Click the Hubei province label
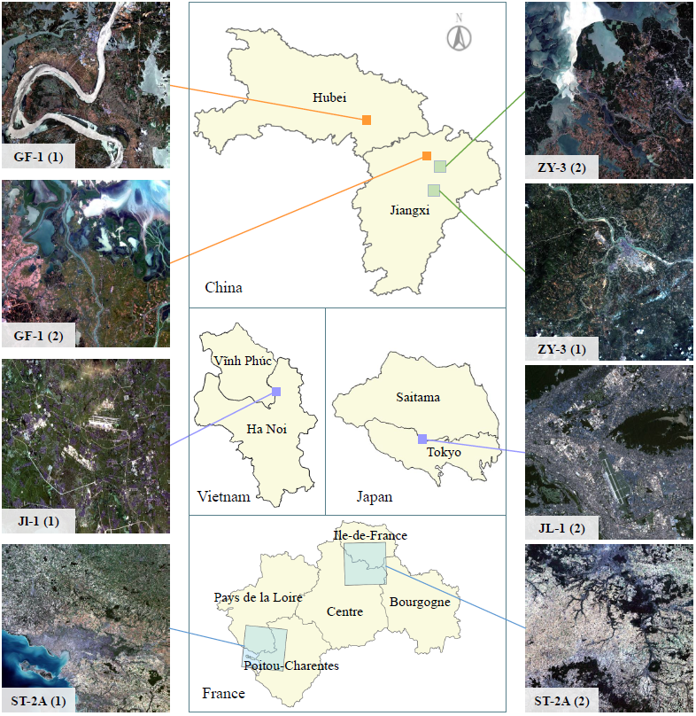point(329,97)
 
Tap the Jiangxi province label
point(410,210)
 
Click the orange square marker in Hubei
point(367,120)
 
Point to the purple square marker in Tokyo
point(422,439)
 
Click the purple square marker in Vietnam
point(276,392)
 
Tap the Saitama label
point(418,398)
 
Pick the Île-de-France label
point(370,535)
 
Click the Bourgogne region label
point(420,603)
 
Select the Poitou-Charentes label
point(291,665)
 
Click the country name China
point(223,287)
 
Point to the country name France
point(223,693)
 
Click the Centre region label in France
point(344,611)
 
